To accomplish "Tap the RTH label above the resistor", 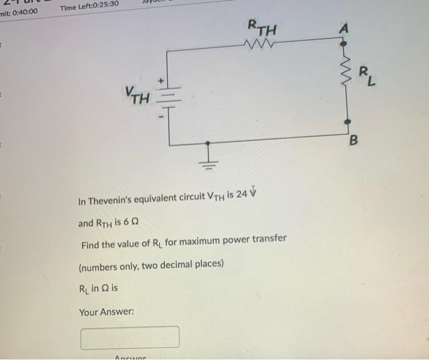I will coord(262,28).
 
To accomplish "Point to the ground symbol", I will coord(209,160).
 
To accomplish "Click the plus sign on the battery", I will coord(163,80).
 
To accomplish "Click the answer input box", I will coord(130,337).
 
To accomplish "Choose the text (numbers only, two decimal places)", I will coord(151,265).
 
